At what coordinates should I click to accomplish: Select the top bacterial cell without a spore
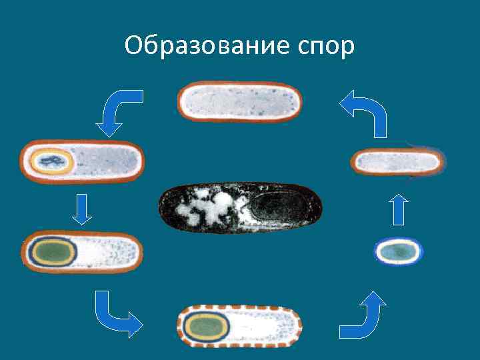coord(239,101)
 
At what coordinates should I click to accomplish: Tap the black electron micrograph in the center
coord(239,208)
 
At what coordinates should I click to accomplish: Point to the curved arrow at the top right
coord(365,112)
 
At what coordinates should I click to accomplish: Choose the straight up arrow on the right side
coord(398,209)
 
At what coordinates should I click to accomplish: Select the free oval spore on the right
coord(398,251)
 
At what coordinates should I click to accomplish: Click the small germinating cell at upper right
coord(398,161)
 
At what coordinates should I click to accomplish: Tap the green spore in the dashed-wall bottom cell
coord(207,327)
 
